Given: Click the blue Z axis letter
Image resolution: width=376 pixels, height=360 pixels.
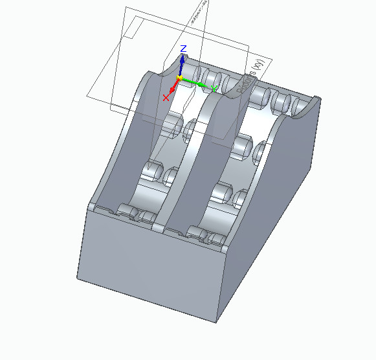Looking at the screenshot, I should pos(183,49).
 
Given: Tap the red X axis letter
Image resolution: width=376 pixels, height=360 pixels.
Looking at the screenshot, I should pos(166,98).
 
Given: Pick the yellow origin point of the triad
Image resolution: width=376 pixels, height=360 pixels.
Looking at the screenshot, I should pos(179,78).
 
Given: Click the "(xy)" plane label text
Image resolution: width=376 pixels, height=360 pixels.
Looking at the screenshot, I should pos(259,65).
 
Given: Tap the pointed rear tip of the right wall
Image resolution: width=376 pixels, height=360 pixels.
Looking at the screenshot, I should pos(317,98).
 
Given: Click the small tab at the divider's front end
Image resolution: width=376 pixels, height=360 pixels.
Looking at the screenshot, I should pos(158,228).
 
